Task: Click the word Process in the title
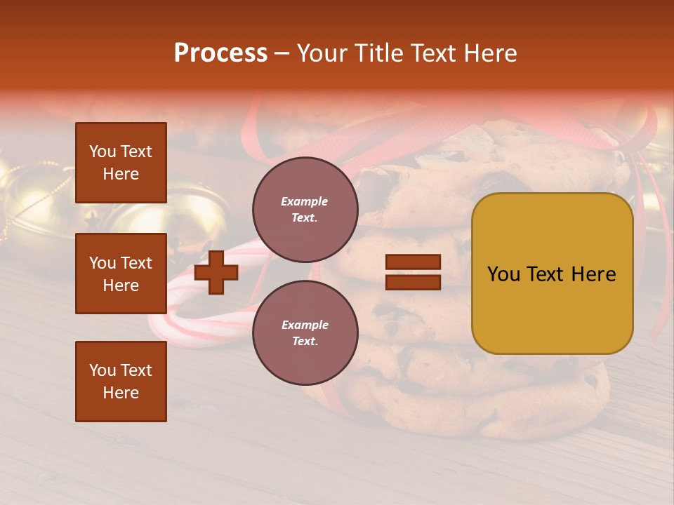[220, 53]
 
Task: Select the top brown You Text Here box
[121, 163]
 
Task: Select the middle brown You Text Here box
[121, 274]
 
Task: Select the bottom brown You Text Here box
[121, 381]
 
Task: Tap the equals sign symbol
[413, 272]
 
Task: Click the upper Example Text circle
[305, 209]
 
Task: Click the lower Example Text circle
[305, 332]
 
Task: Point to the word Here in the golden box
[595, 274]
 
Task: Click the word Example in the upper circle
[304, 201]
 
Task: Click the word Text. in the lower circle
[305, 341]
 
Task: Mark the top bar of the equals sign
[413, 262]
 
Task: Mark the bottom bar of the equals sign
[413, 282]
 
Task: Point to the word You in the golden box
[503, 274]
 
